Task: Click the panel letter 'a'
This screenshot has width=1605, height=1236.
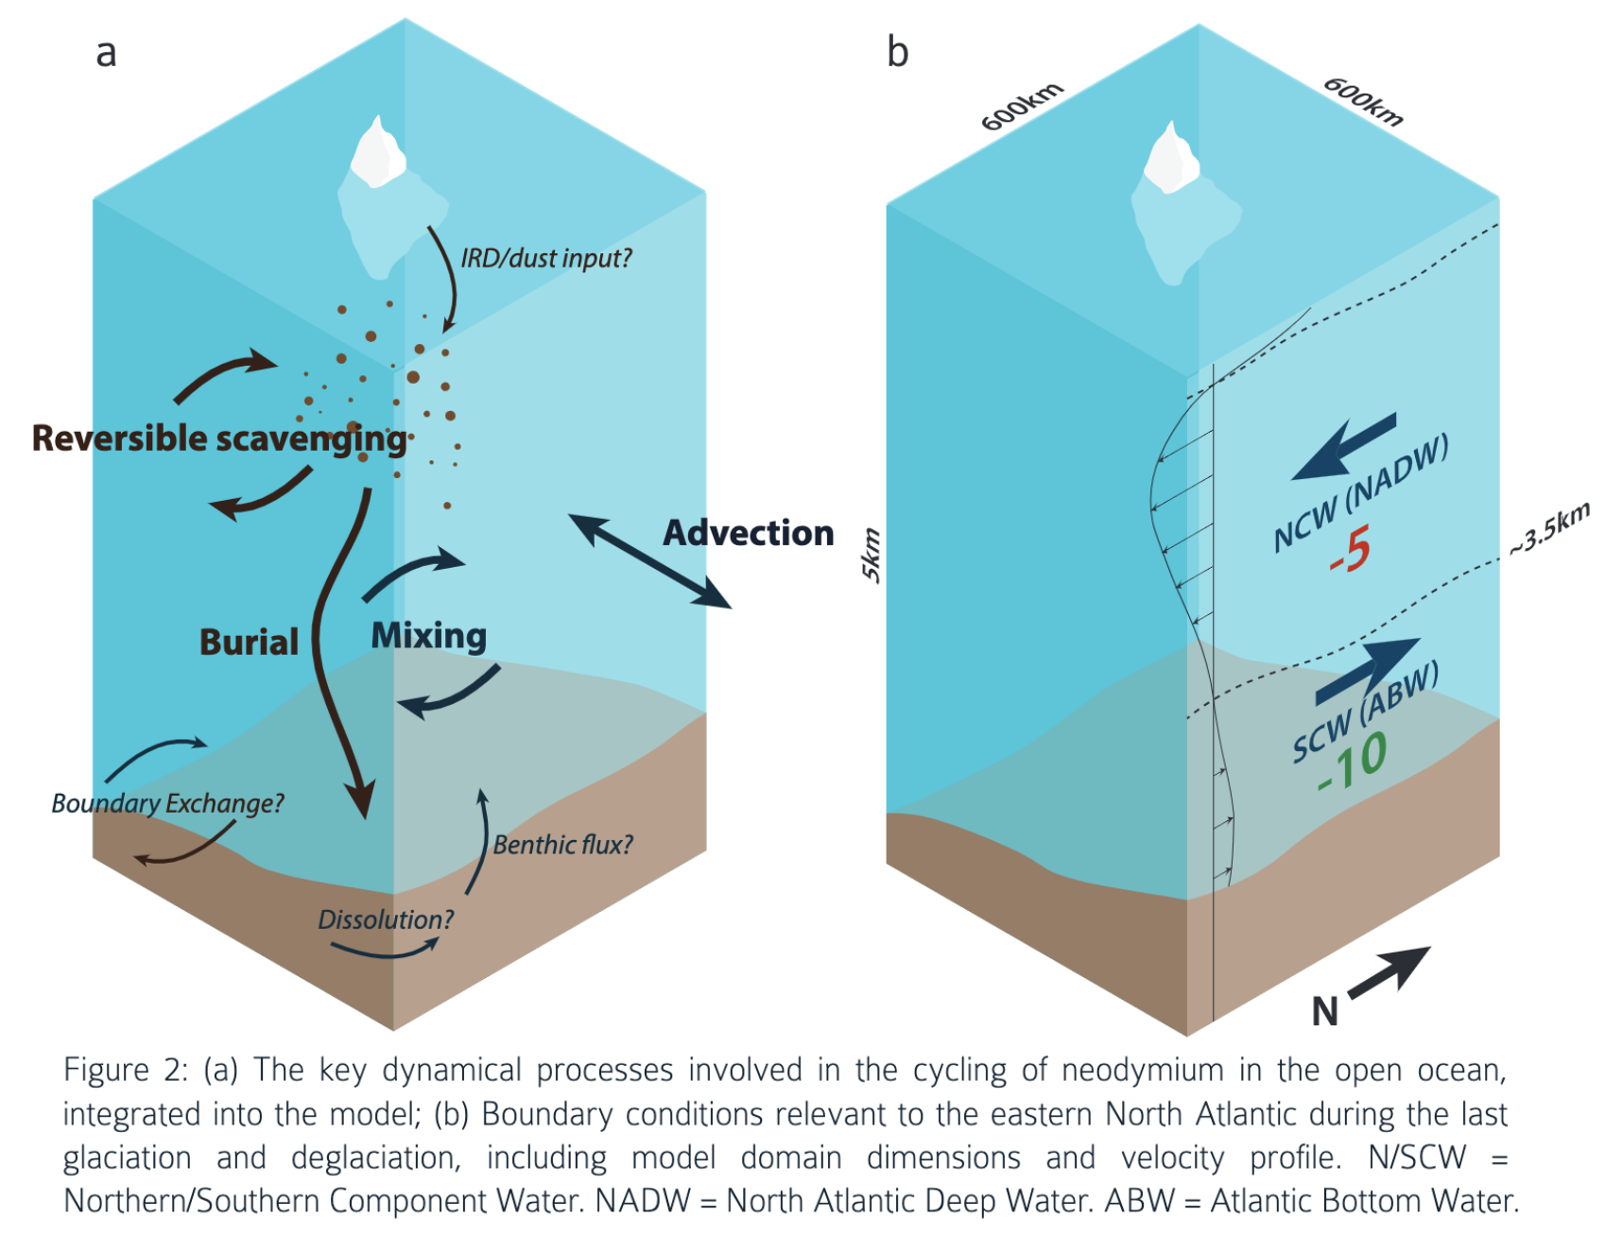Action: pos(106,53)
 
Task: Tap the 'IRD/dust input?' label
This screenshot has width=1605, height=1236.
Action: pos(545,258)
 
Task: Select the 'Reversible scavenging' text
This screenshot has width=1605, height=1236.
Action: pos(219,438)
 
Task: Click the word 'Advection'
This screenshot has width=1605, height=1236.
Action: pos(748,533)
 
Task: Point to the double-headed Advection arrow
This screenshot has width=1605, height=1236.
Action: pos(649,560)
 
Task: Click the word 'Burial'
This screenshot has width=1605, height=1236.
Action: pos(249,643)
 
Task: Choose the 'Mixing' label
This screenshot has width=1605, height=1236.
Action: pos(428,636)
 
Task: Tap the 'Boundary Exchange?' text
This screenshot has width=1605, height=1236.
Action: pos(167,803)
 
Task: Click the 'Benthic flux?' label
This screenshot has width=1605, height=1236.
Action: pos(562,845)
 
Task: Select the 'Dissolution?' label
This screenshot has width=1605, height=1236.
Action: pos(386,919)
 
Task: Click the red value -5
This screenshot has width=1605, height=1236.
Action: pos(1349,550)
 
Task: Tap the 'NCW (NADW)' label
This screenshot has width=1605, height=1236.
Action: pos(1360,493)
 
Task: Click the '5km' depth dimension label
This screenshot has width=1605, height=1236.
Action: pos(871,556)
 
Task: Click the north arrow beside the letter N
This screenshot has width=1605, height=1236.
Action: pos(1389,972)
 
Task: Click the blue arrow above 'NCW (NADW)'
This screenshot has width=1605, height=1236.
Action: pos(1344,446)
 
